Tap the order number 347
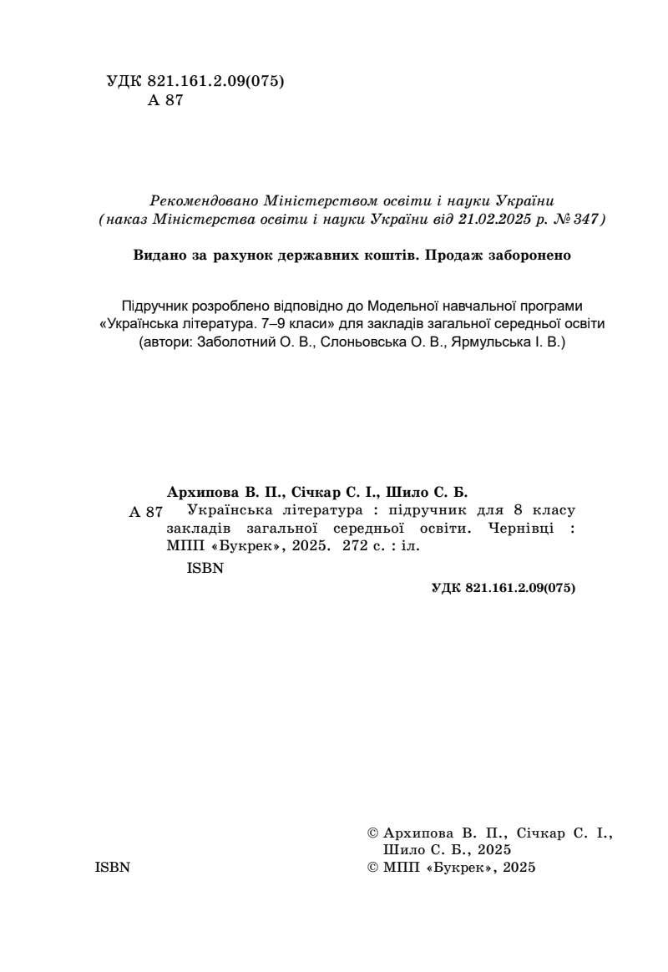[x=586, y=220]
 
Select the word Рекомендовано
[x=203, y=201]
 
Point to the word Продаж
[x=455, y=256]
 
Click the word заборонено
[x=530, y=256]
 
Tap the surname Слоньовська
[x=353, y=342]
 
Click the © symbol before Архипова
[x=372, y=833]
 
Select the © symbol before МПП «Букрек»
[x=372, y=868]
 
